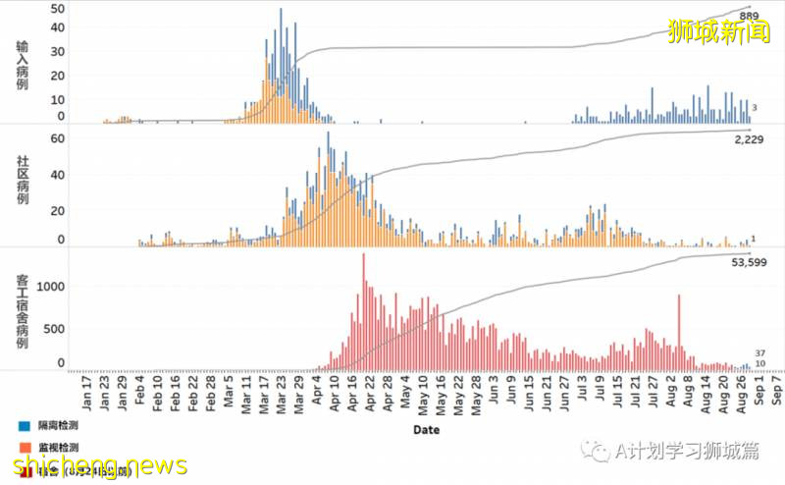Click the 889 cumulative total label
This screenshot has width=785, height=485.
(749, 17)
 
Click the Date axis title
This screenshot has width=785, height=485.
(426, 430)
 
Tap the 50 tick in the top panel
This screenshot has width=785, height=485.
(58, 9)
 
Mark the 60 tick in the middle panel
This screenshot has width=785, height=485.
(58, 139)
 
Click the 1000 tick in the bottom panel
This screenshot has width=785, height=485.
(51, 287)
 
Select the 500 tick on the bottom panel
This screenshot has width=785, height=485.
(55, 329)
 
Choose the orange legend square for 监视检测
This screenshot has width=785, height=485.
(22, 448)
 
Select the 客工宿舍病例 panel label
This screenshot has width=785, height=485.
(23, 312)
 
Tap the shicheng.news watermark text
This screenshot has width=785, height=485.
(94, 463)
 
